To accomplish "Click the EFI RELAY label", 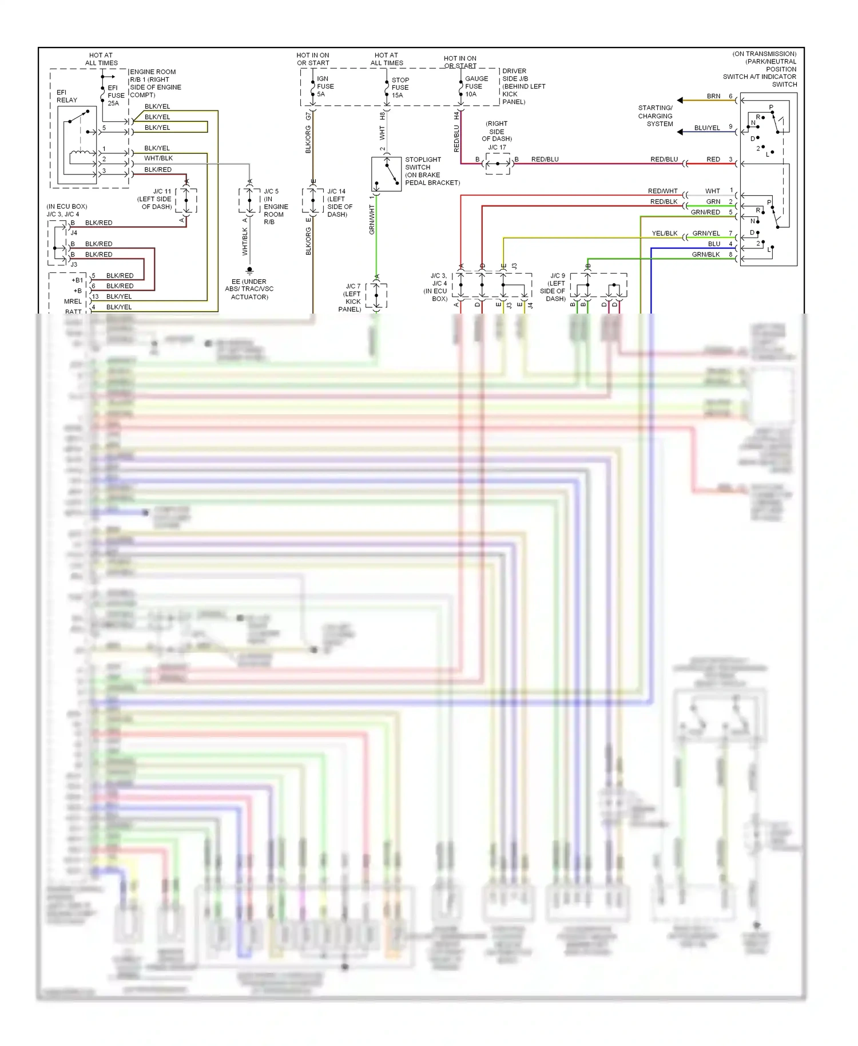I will (x=66, y=96).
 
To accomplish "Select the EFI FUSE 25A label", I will (x=116, y=96).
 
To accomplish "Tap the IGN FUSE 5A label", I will (x=325, y=86).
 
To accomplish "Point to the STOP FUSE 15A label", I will (x=400, y=88).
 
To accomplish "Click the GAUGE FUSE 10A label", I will (x=476, y=86).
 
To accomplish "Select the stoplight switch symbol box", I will (x=386, y=174).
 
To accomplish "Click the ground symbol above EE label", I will (x=249, y=270).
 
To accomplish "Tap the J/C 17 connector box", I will (x=497, y=164).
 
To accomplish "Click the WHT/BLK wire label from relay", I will (x=158, y=159).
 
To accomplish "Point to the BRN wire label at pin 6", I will (x=713, y=96).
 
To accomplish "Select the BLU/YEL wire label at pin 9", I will (x=707, y=128).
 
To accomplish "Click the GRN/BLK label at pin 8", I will (x=705, y=255).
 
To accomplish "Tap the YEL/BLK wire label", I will (x=664, y=233).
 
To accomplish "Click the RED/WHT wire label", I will (x=662, y=191).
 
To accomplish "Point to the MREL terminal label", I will (x=73, y=302).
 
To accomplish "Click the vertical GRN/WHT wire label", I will (x=372, y=220).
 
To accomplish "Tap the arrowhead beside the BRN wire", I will (x=680, y=100).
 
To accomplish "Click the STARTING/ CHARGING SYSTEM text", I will (x=656, y=116).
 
